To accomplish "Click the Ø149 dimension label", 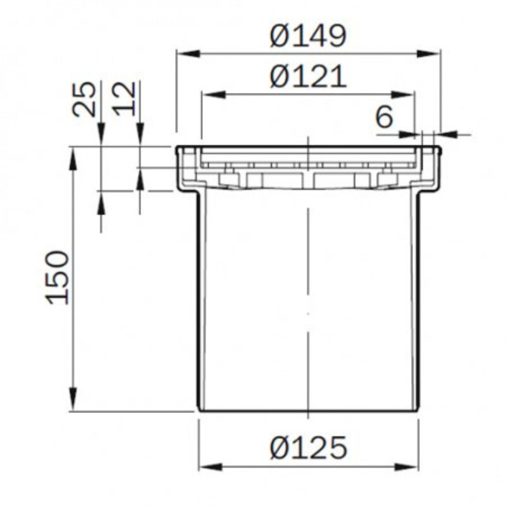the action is (x=308, y=35).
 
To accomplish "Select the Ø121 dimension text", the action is (x=308, y=77).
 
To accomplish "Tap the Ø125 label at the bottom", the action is (x=309, y=447).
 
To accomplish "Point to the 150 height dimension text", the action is (x=58, y=278).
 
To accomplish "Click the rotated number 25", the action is (x=84, y=99).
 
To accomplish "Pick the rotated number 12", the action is (x=124, y=99).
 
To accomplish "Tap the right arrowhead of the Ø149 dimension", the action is (x=429, y=54).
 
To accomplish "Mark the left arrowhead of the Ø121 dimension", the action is (x=214, y=95).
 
